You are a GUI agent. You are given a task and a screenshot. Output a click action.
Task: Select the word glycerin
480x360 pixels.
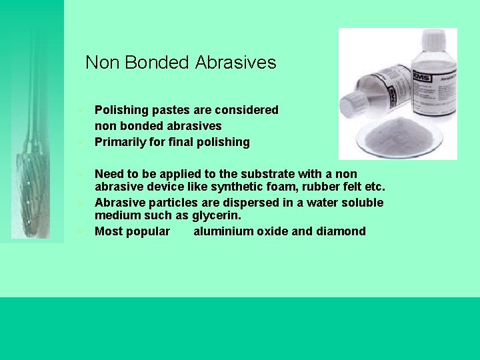click(x=215, y=215)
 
